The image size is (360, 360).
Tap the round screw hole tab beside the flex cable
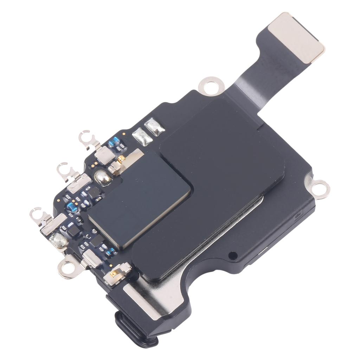tap(211, 85)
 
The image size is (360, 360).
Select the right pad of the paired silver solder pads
tap(155, 126)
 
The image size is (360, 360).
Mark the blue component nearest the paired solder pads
tap(114, 142)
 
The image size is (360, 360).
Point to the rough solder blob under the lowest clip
tap(58, 242)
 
